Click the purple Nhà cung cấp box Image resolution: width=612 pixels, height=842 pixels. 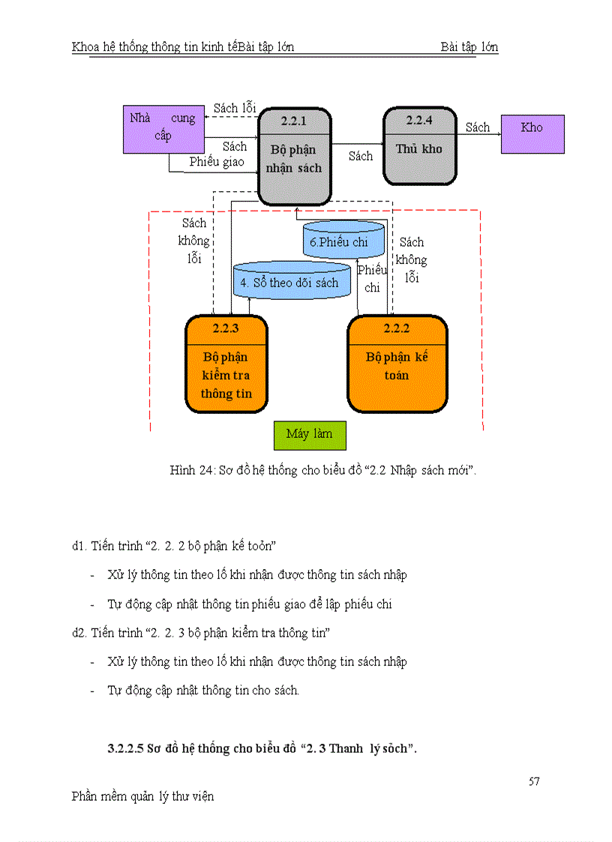point(163,128)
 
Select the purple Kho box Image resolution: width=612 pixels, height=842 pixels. point(532,133)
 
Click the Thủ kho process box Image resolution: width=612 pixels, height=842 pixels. point(419,147)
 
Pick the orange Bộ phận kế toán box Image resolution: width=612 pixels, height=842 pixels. point(397,365)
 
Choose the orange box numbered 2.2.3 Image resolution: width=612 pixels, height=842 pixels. point(226,365)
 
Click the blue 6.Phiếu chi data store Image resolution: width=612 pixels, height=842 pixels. point(344,241)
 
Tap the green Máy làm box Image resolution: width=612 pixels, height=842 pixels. point(309,434)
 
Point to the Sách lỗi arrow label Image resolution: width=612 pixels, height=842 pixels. point(235,108)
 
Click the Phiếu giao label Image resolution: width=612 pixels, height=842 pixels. point(216,162)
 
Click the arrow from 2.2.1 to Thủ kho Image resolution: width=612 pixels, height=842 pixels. point(358,143)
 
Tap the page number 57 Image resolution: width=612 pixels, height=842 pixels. point(534,781)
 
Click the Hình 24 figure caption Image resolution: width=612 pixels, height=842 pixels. point(323,470)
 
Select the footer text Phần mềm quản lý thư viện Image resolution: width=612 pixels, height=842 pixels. point(142,796)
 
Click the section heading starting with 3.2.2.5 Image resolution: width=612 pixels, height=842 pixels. point(262,748)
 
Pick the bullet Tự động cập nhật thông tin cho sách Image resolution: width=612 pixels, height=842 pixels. point(203,691)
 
